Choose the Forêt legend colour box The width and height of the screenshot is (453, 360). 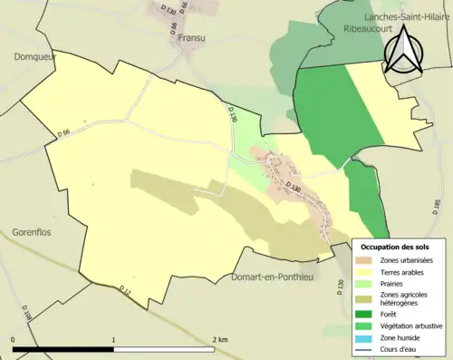point(367,313)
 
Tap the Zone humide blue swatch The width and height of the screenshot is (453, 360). point(367,336)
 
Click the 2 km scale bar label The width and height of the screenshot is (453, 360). point(220,338)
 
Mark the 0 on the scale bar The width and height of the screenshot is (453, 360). point(14,338)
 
